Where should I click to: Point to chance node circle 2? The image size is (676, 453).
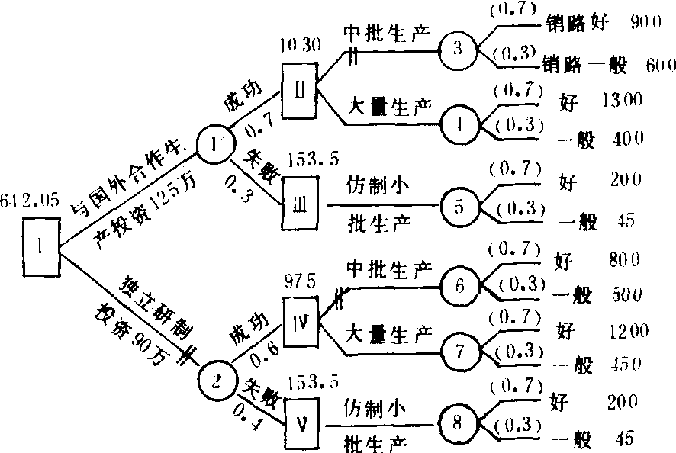pyautogui.click(x=217, y=378)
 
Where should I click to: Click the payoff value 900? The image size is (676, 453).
pyautogui.click(x=645, y=23)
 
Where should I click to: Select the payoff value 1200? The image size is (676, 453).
pyautogui.click(x=629, y=330)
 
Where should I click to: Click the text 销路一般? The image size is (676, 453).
pyautogui.click(x=584, y=64)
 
